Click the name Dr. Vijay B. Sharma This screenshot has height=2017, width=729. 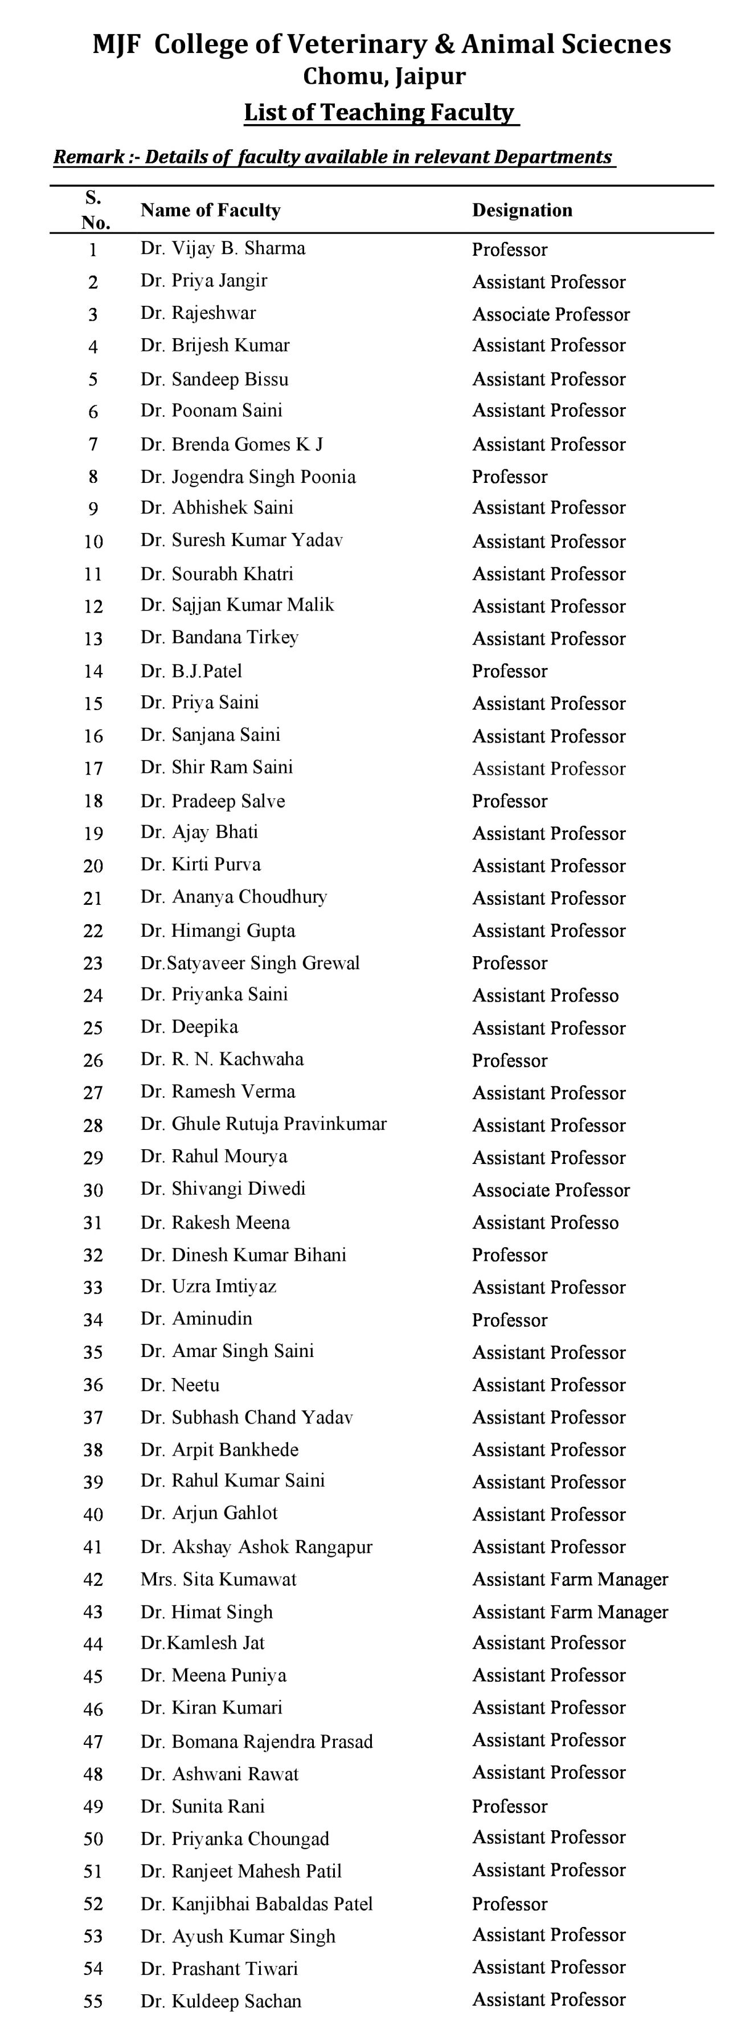point(223,249)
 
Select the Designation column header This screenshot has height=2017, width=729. point(522,210)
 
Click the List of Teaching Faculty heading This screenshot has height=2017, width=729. point(380,113)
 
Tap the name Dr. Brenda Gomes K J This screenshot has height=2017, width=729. point(232,445)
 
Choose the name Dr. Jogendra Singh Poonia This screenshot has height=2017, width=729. point(248,477)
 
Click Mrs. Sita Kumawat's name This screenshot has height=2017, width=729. point(219,1579)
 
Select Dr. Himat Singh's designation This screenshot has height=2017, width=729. point(570,1612)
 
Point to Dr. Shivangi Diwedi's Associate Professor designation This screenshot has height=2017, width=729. point(551,1190)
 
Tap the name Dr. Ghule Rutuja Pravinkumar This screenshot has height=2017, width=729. point(264,1124)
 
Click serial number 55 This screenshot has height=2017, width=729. point(93,2000)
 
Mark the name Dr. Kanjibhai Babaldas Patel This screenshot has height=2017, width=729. point(257,1904)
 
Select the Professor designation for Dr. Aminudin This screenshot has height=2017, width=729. point(509,1320)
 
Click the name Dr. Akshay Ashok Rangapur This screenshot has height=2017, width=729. point(257,1547)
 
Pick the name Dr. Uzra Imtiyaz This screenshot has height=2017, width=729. point(208,1286)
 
